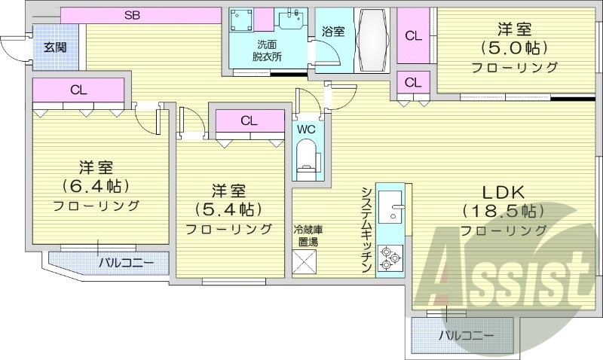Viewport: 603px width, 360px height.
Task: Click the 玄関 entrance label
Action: click(54, 47)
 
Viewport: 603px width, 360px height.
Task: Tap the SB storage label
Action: click(133, 14)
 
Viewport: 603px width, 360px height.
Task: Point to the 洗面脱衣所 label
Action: click(265, 50)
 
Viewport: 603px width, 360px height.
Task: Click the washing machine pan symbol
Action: click(243, 22)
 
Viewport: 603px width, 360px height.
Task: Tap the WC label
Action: click(306, 129)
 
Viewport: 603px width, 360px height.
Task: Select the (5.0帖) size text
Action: click(514, 48)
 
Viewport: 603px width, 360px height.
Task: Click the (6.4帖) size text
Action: click(96, 185)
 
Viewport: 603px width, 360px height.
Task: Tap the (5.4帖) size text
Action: click(228, 208)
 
